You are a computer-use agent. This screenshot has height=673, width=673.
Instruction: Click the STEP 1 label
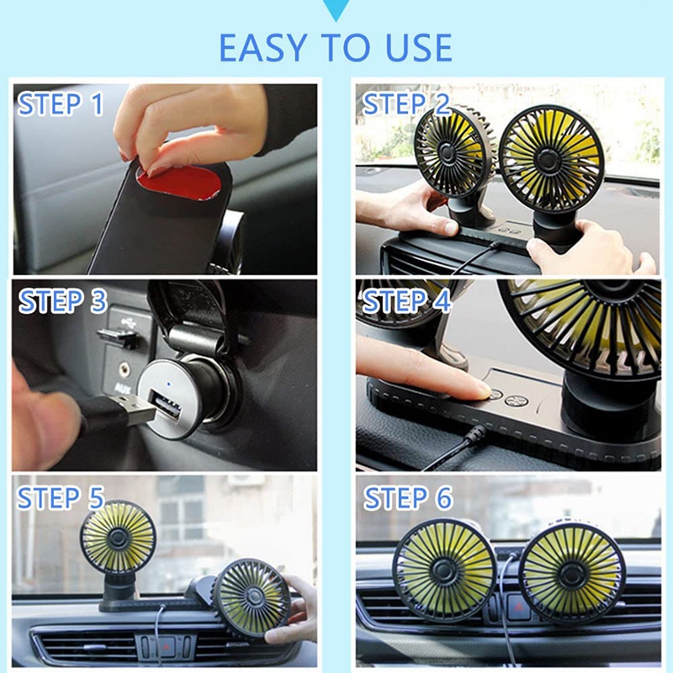click(x=61, y=105)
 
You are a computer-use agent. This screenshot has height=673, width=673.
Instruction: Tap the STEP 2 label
click(x=406, y=105)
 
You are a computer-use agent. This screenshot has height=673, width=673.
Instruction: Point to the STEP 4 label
click(x=407, y=301)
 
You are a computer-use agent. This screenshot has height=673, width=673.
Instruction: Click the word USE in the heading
click(x=414, y=48)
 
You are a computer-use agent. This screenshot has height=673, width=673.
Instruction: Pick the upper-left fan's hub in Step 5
click(x=118, y=537)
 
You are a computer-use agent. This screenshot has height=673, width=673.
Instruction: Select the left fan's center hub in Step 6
click(x=444, y=570)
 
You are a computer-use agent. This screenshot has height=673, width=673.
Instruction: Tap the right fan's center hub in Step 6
click(x=572, y=574)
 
